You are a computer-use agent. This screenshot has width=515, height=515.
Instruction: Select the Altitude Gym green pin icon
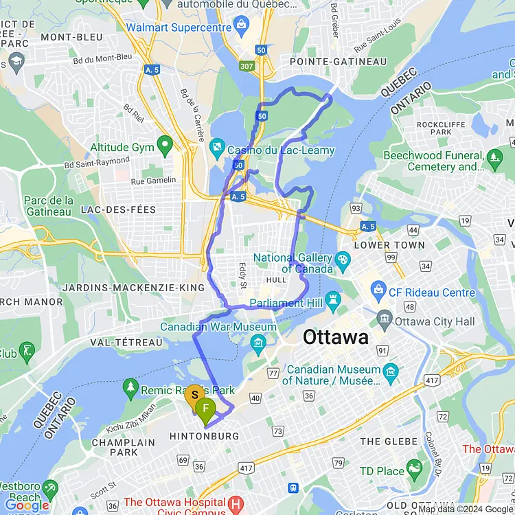(x=164, y=145)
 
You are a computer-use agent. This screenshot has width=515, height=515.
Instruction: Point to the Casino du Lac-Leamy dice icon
(x=216, y=147)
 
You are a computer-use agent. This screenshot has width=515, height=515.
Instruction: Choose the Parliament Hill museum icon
(x=334, y=299)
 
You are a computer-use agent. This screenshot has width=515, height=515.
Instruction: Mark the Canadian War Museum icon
(x=258, y=341)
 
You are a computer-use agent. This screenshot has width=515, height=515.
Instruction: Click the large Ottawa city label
(x=336, y=337)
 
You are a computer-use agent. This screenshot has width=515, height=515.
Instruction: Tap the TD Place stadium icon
(x=414, y=470)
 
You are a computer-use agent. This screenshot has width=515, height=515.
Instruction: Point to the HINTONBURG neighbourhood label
(x=205, y=436)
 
